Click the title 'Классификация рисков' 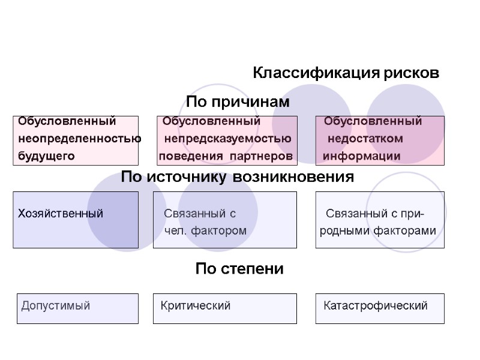346,74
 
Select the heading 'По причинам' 238,102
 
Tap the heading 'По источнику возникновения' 238,178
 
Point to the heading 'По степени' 239,269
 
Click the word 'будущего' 47,157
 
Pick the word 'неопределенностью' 80,139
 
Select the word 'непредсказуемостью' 228,139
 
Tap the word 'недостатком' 365,139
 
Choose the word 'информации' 362,157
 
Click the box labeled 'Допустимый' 77,308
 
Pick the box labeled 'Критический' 225,308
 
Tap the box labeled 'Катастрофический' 380,308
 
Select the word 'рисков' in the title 414,74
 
